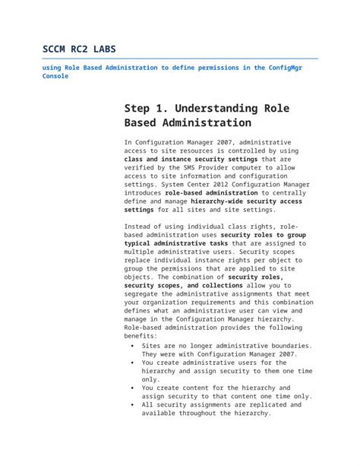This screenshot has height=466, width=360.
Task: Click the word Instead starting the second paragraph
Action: tap(140, 227)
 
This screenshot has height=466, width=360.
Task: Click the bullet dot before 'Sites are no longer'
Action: tap(133, 344)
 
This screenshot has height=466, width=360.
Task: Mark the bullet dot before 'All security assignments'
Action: tap(133, 404)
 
